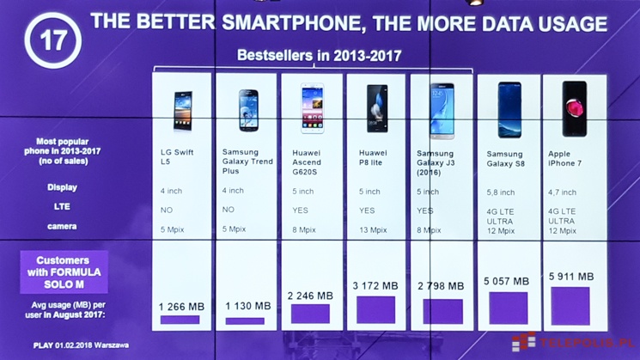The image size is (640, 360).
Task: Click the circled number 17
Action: coord(52,40)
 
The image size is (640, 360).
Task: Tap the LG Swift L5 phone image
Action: coord(182,110)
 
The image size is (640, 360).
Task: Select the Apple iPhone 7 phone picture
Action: coord(574,108)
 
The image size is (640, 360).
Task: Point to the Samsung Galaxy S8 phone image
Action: coord(509,109)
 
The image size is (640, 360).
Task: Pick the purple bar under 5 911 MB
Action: coord(570,306)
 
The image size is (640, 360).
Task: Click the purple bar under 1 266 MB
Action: coord(180,320)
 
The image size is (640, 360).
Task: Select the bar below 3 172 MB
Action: coord(376,309)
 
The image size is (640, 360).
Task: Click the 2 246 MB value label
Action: coord(311,296)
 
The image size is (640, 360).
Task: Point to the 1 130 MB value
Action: coord(247,306)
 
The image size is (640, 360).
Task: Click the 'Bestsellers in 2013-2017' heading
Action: coord(319,57)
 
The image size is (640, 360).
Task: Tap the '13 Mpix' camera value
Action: coord(374,229)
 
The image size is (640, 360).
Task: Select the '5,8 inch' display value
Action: coord(502,192)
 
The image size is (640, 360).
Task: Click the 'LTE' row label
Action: coord(62,206)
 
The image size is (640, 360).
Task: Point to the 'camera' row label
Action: coord(62,227)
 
